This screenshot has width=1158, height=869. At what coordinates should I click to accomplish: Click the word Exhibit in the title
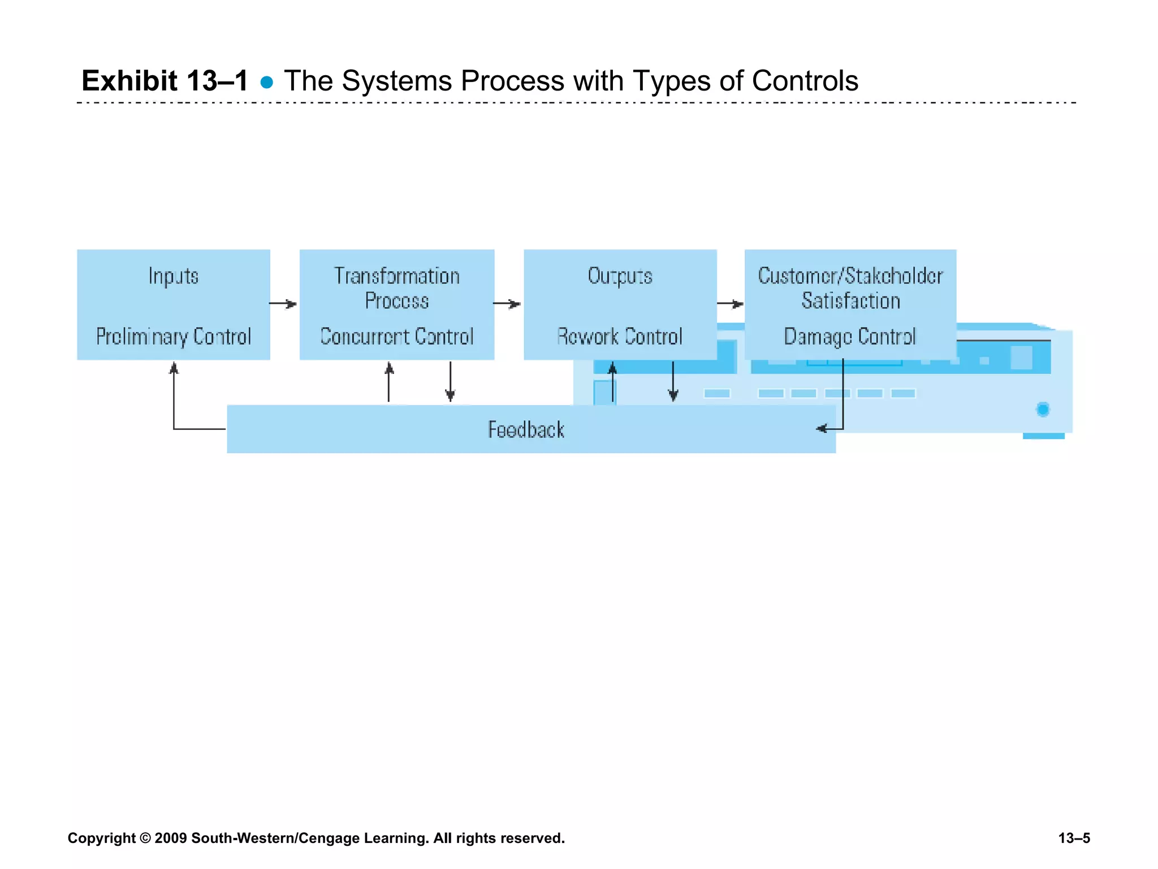click(129, 81)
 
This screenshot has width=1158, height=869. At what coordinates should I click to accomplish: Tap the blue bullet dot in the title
click(267, 83)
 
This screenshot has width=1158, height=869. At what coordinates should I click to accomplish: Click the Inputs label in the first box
click(174, 276)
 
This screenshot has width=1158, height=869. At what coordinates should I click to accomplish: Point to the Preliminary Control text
click(174, 337)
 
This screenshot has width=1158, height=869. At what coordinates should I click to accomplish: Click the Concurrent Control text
click(397, 337)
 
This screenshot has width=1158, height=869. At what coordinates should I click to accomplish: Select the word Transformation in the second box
click(397, 276)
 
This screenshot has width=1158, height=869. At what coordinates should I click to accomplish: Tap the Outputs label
click(620, 276)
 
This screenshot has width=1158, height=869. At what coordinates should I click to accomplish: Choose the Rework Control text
click(620, 337)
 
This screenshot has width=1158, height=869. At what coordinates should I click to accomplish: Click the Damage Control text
click(849, 337)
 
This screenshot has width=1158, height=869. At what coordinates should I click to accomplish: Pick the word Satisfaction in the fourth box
click(850, 301)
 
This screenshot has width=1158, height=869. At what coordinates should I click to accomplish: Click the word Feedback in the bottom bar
click(526, 430)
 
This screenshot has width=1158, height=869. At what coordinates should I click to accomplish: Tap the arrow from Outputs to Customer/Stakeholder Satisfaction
click(731, 304)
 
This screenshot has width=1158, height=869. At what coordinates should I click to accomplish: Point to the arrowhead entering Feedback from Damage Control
click(822, 429)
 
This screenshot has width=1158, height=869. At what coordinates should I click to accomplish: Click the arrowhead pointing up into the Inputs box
click(174, 369)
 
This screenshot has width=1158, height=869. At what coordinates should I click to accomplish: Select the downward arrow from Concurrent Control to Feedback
click(450, 382)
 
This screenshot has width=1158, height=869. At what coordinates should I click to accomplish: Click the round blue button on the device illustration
click(1043, 409)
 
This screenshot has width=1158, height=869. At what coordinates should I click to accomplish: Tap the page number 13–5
click(1074, 838)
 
